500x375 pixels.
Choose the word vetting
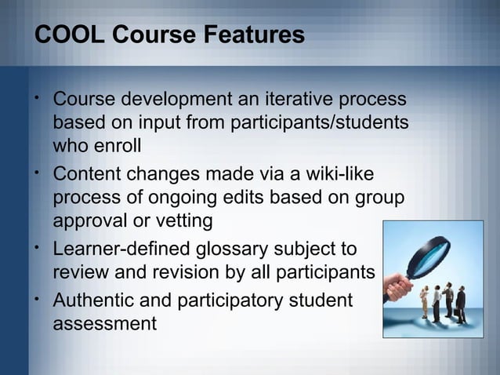coord(179,220)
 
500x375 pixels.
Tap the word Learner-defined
coord(114,250)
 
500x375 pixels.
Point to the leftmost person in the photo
coord(424,303)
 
